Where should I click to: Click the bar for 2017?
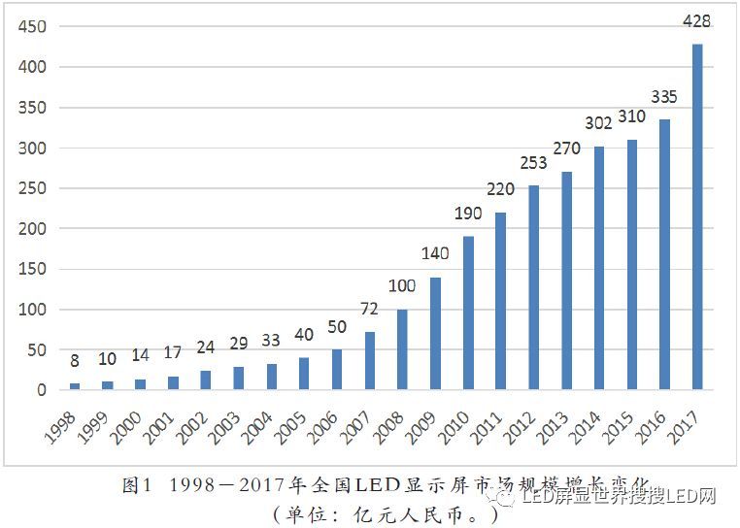(x=697, y=216)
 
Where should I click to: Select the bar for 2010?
(x=468, y=313)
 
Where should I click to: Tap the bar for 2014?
(x=599, y=268)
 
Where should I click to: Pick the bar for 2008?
(x=402, y=349)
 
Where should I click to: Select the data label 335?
(x=664, y=97)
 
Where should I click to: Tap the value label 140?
(x=435, y=254)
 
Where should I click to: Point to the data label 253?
(x=533, y=163)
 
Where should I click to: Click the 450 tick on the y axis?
(x=31, y=27)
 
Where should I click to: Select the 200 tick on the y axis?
(x=31, y=229)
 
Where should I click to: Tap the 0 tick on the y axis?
(x=41, y=390)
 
